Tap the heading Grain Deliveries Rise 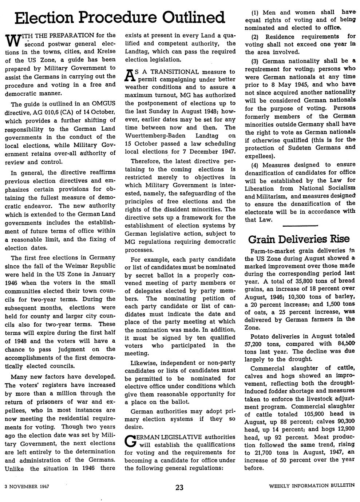coord(298,239)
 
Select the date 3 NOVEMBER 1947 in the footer coord(27,486)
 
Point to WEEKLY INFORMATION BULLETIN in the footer coord(312,486)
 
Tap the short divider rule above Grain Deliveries coord(300,226)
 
